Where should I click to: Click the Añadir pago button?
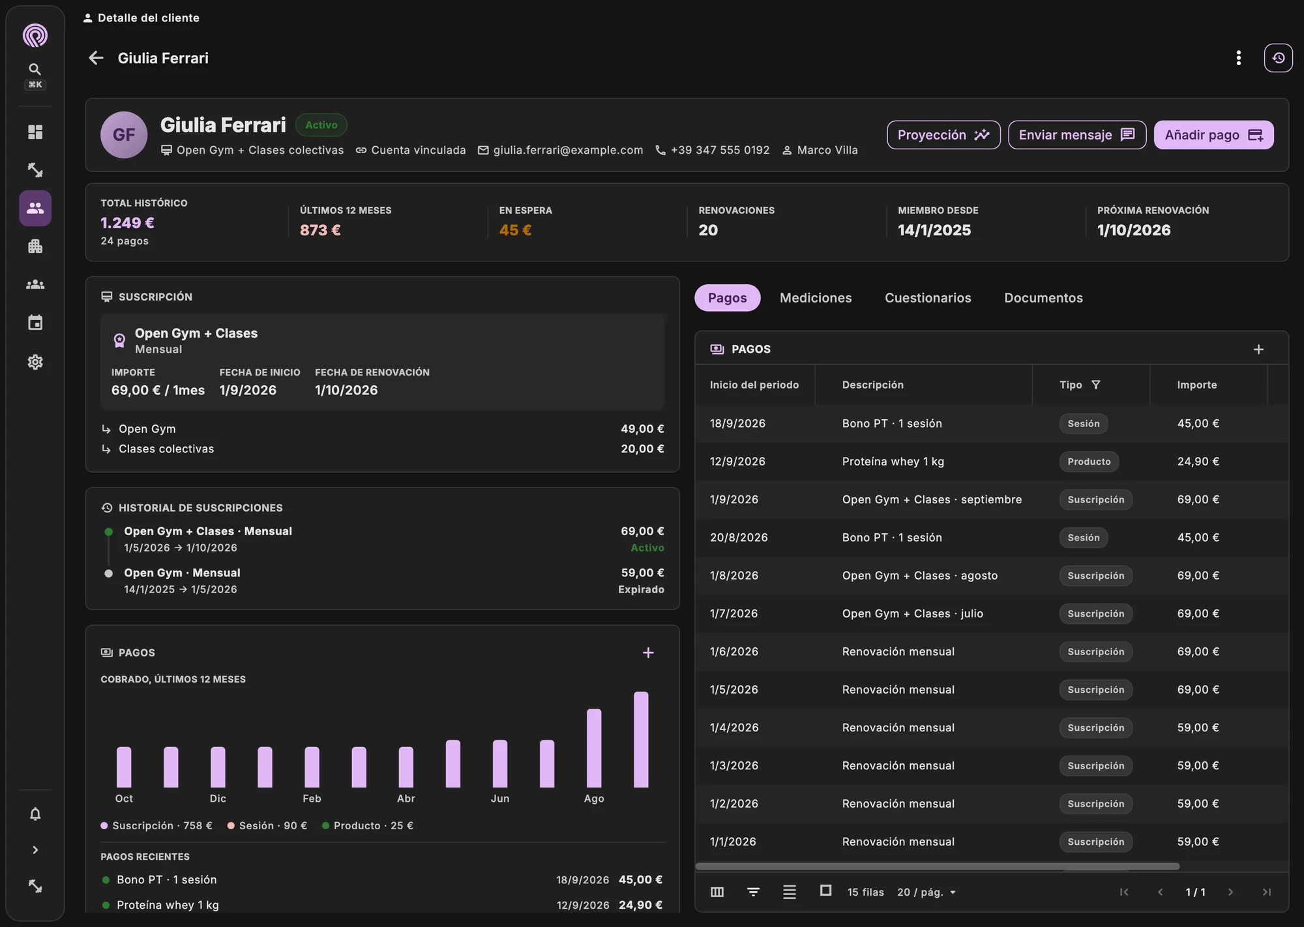point(1213,135)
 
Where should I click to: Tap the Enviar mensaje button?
point(1077,135)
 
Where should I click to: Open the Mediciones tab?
point(816,298)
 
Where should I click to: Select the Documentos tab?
point(1043,298)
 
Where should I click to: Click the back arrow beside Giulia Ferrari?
point(96,58)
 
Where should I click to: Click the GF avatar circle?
point(124,135)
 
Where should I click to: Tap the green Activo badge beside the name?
point(321,125)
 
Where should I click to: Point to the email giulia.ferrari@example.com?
point(568,150)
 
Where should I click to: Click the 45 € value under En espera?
point(515,230)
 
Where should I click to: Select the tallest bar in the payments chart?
point(641,739)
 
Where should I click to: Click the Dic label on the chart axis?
point(218,799)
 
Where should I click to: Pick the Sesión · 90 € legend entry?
point(267,825)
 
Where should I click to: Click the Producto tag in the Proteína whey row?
point(1089,462)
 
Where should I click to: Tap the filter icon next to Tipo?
point(1095,385)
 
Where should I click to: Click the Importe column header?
point(1197,385)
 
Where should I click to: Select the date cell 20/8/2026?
point(739,537)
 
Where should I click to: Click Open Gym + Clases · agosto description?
point(920,576)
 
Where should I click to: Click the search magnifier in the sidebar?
point(35,69)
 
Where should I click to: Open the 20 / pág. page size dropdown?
point(926,892)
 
